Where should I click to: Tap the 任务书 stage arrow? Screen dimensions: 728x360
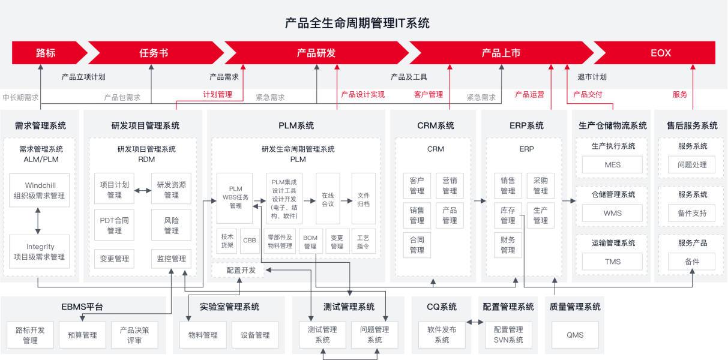[x=154, y=53]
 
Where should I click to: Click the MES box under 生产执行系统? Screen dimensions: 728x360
[x=612, y=165]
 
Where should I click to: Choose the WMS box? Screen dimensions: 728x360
[x=612, y=213]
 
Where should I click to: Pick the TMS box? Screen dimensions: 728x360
[x=612, y=262]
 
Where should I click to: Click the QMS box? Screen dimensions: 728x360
[x=575, y=335]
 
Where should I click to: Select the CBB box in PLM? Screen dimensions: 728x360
[x=250, y=241]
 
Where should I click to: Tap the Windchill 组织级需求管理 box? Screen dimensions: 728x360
[x=40, y=190]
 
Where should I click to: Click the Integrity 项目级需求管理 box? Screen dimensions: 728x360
[x=40, y=251]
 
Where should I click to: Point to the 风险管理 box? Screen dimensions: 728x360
[x=171, y=225]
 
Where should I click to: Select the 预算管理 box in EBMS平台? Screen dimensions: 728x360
[x=82, y=335]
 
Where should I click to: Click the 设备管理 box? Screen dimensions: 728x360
[x=255, y=335]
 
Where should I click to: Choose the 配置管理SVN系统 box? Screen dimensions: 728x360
[x=508, y=335]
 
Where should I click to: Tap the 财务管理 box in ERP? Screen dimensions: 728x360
[x=508, y=245]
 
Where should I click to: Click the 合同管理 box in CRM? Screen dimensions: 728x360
[x=417, y=245]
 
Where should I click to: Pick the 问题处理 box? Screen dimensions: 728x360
[x=692, y=165]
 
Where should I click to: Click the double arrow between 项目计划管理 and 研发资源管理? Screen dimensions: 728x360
[x=143, y=190]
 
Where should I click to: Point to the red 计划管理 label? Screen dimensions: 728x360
[x=217, y=95]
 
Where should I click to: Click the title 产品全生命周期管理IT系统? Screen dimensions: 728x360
[x=357, y=23]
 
